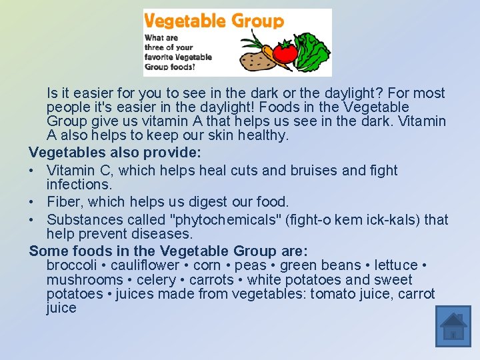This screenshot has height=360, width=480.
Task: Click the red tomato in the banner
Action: tap(285, 52)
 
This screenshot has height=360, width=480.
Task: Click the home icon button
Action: tap(453, 327)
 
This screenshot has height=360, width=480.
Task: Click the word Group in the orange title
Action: tap(257, 21)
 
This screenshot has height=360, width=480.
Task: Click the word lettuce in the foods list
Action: tap(396, 265)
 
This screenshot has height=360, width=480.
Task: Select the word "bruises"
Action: tap(313, 171)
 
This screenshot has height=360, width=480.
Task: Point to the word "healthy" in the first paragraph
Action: tap(264, 135)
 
